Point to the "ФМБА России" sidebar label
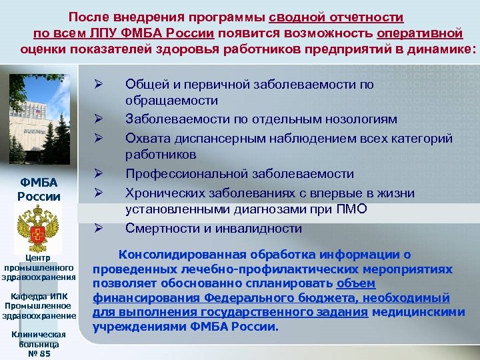[x=38, y=189]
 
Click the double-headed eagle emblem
[x=37, y=226]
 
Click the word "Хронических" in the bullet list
[x=161, y=193]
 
